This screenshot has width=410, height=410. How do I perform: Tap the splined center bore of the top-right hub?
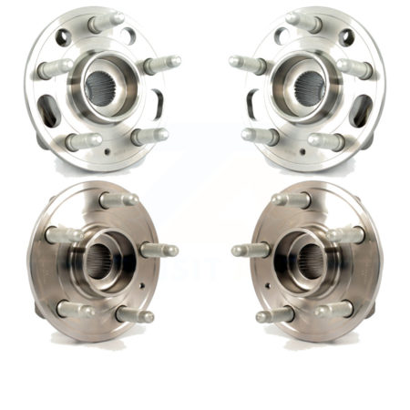306,87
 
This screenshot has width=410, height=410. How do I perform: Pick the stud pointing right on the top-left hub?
162,65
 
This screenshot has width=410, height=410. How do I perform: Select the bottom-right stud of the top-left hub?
149,137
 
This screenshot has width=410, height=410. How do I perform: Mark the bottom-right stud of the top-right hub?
326,141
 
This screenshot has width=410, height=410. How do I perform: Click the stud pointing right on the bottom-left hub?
159,250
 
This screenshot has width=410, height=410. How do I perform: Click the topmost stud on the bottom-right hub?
291,200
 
